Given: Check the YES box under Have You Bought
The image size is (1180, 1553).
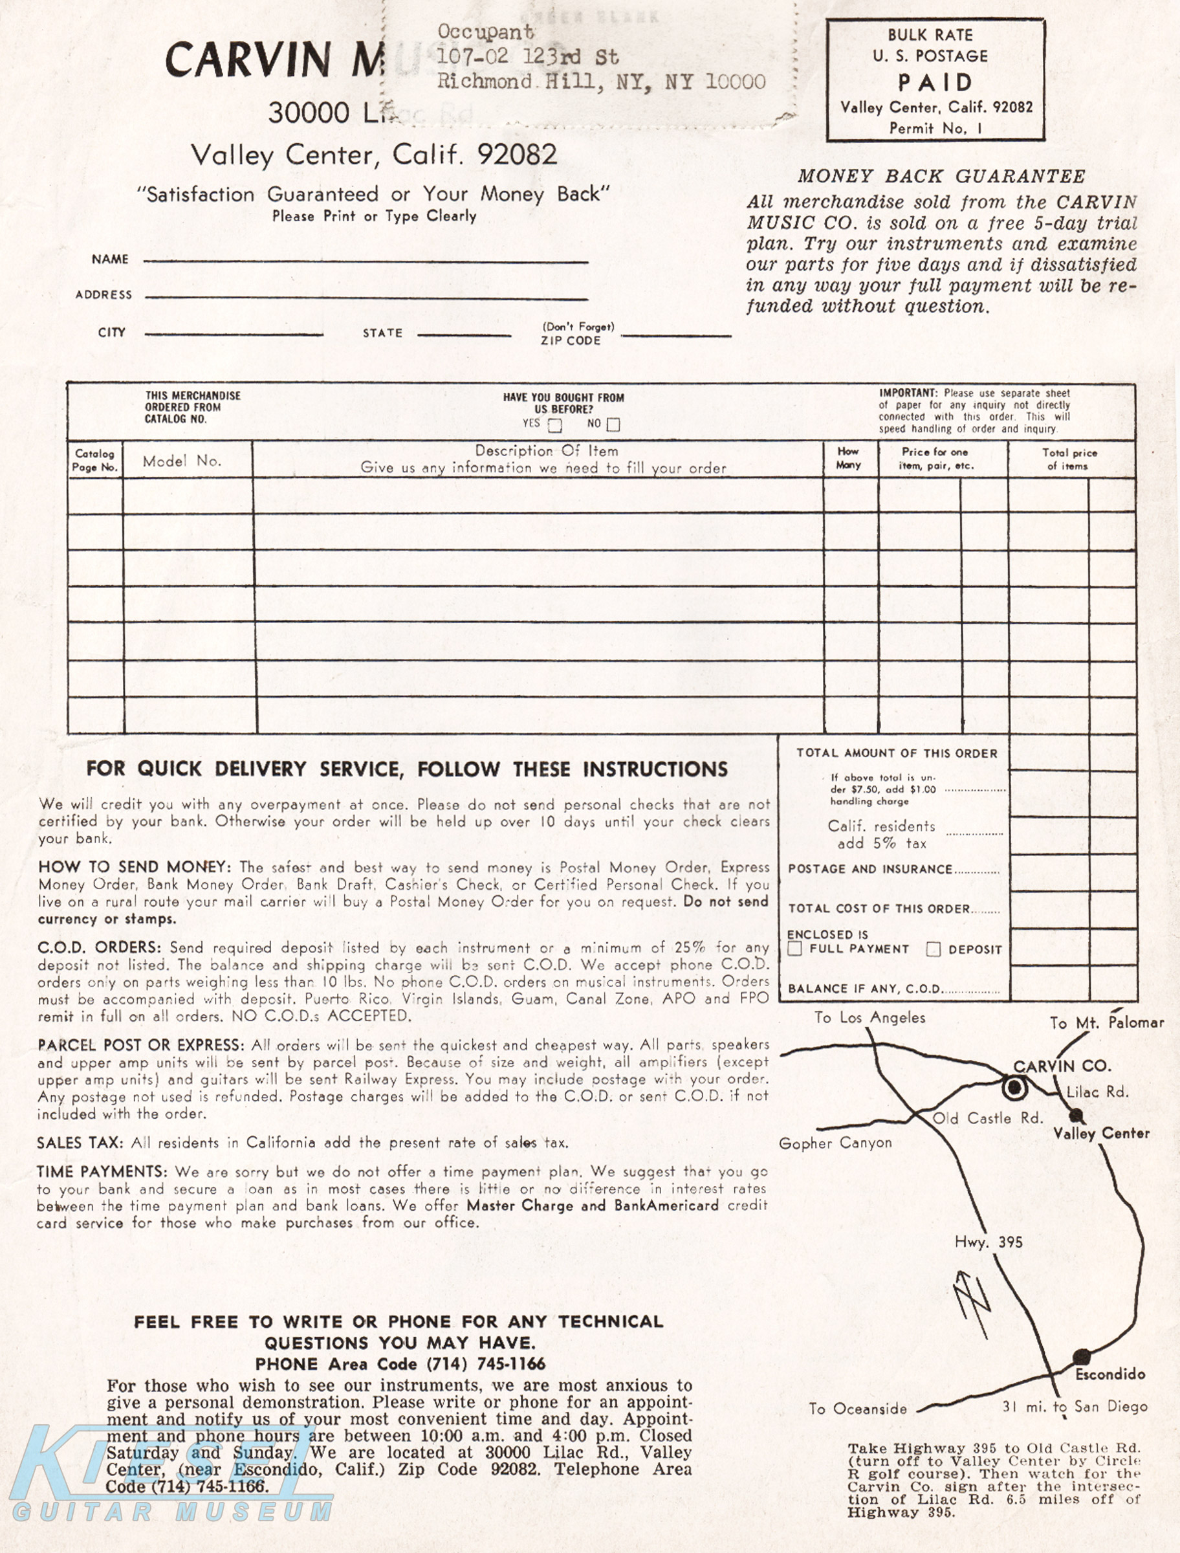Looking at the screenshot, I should tap(555, 425).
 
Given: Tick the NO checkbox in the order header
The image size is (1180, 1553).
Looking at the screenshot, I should tap(613, 425).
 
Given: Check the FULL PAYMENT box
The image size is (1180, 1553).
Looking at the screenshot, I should tap(795, 949).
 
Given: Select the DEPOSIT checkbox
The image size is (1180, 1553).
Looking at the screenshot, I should tap(934, 949).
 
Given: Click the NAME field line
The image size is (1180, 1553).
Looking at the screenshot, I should tap(366, 261).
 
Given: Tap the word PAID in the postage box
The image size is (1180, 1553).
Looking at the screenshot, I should tap(935, 83).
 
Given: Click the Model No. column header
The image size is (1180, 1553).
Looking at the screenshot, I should tap(182, 461).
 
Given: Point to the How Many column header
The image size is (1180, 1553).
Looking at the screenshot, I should tap(849, 458).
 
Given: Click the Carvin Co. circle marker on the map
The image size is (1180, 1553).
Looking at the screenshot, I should tap(1014, 1088).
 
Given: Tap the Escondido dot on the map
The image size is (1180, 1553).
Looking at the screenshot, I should tap(1082, 1356).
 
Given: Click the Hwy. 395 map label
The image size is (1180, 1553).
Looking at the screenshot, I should tap(989, 1242).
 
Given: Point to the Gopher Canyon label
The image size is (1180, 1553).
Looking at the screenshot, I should tap(835, 1143).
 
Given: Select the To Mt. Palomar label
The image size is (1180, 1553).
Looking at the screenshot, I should tap(1107, 1022).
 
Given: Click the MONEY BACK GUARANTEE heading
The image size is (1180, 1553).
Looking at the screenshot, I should tap(941, 176).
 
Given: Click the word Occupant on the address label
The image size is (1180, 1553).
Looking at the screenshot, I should tap(485, 32).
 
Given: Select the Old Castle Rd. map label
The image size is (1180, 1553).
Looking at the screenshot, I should tap(987, 1118).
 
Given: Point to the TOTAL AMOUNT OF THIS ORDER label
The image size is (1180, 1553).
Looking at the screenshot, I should tap(896, 753).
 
